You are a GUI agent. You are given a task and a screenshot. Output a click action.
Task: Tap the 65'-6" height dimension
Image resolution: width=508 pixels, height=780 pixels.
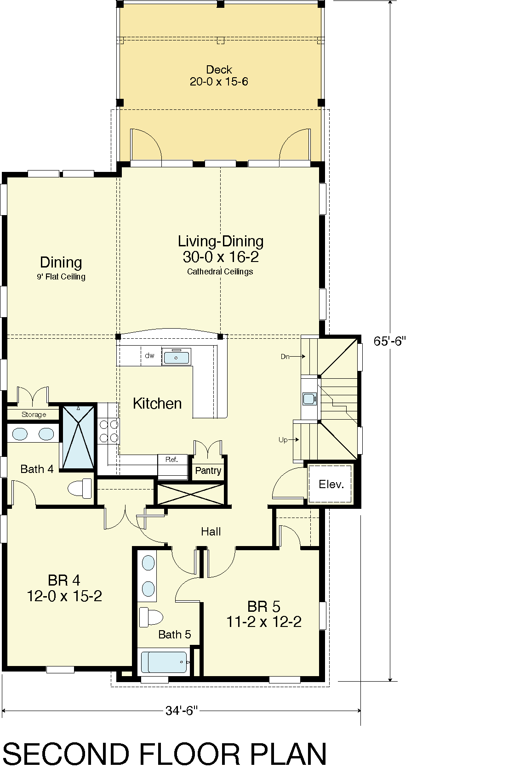(389, 341)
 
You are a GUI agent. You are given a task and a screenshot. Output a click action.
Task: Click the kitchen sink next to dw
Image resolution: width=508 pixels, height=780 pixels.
(177, 357)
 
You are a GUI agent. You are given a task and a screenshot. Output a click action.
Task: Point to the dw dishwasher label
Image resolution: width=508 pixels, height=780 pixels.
(149, 355)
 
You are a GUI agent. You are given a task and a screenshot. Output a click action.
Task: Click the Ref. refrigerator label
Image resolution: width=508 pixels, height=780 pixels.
(171, 459)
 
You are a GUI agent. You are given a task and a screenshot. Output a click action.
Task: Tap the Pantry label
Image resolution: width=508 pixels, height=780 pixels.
(208, 471)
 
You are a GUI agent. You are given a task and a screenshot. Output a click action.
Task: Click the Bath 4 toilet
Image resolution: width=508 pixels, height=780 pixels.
(80, 488)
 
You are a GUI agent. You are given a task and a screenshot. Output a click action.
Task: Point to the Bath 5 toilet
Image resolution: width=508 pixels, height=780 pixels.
(151, 618)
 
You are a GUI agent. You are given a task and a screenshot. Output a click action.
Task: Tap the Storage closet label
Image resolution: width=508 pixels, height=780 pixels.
(34, 415)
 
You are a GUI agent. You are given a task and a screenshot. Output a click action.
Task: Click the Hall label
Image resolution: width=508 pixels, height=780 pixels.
(211, 531)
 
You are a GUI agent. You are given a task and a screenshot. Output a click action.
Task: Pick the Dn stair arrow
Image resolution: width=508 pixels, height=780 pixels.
(298, 356)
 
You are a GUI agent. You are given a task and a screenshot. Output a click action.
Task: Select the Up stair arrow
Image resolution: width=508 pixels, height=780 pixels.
(294, 439)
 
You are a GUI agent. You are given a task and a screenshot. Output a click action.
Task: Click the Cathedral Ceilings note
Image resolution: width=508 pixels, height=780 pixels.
(220, 272)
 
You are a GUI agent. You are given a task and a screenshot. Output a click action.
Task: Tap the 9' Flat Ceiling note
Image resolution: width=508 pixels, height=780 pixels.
(61, 277)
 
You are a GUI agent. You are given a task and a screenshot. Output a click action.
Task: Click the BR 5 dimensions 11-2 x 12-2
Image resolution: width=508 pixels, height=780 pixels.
(264, 621)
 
